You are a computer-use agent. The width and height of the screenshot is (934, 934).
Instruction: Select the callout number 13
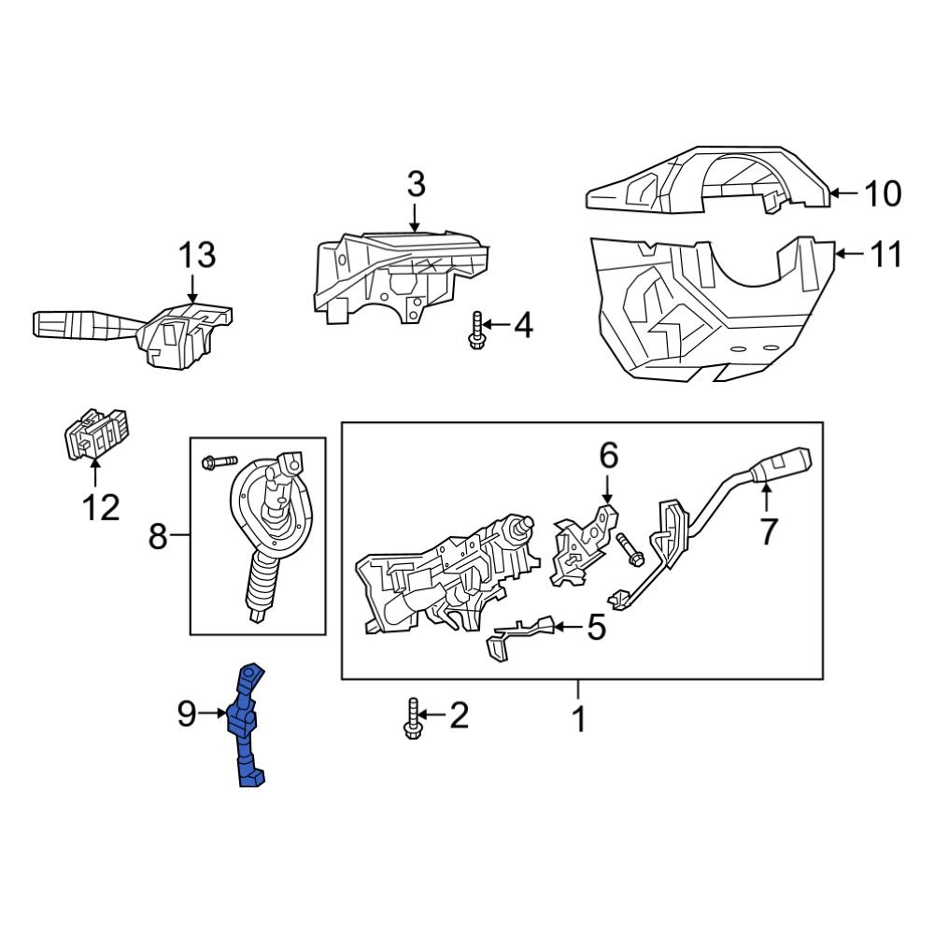(197, 254)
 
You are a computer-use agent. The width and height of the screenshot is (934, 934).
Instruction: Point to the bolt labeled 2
(412, 719)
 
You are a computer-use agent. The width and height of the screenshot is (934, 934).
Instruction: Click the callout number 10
(881, 194)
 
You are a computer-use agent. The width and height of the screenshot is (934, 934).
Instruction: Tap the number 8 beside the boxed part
(157, 535)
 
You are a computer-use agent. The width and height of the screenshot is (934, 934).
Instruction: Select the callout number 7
(768, 531)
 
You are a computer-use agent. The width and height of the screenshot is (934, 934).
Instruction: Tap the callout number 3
(416, 184)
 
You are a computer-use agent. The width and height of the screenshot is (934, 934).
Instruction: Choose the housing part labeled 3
(397, 276)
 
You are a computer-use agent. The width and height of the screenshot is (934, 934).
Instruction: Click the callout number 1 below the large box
(579, 720)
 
